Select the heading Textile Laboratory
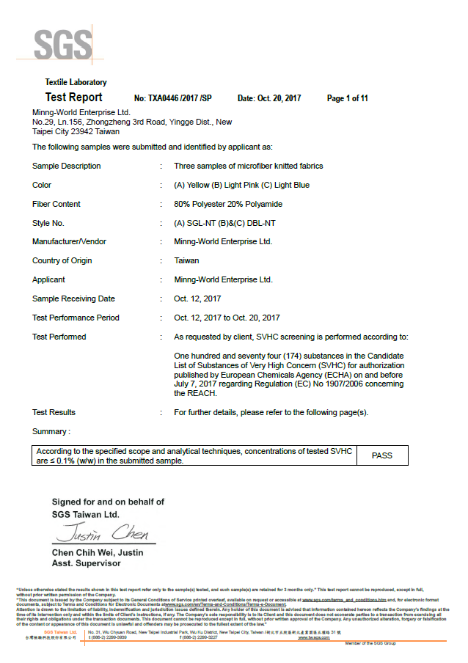pos(76,82)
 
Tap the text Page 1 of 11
pos(347,98)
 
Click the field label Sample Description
pos(67,166)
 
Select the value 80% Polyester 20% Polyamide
pos(228,204)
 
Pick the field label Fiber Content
pos(56,204)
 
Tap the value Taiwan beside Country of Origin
pos(186,260)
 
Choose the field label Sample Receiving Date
pos(73,298)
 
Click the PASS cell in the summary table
pos(381,455)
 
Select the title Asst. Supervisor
pos(86,563)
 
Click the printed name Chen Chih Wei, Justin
pos(98,552)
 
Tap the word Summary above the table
pos(51,431)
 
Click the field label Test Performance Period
pos(76,318)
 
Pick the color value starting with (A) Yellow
pos(242,185)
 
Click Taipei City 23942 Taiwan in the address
pos(76,131)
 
